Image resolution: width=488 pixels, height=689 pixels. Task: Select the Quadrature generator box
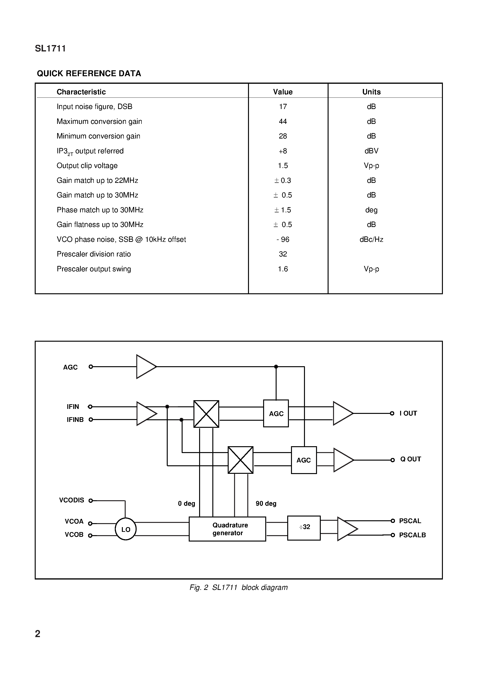tap(227, 529)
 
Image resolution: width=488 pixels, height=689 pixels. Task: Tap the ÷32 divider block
tap(304, 527)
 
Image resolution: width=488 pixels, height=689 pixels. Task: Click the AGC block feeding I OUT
tap(276, 414)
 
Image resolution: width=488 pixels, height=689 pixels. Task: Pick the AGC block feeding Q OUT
tap(304, 460)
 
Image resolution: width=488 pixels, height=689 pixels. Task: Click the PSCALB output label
tap(412, 535)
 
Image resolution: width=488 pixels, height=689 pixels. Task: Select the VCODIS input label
tap(72, 500)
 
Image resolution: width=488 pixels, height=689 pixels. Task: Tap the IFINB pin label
tap(75, 420)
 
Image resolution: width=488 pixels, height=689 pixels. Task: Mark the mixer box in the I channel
tap(206, 414)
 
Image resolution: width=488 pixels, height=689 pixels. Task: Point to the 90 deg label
tap(266, 504)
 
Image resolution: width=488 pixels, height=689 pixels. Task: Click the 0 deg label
tap(186, 504)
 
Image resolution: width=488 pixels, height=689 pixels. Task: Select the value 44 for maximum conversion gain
tap(283, 122)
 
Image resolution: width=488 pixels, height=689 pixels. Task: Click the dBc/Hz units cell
tap(371, 239)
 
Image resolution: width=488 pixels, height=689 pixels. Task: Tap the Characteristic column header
tap(81, 92)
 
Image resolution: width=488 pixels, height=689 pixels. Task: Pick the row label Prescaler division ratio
tap(94, 254)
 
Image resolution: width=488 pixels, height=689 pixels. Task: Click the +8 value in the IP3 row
tap(283, 151)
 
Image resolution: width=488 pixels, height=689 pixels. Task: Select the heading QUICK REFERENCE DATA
tap(89, 74)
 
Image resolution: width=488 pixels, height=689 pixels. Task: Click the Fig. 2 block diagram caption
tap(239, 587)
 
